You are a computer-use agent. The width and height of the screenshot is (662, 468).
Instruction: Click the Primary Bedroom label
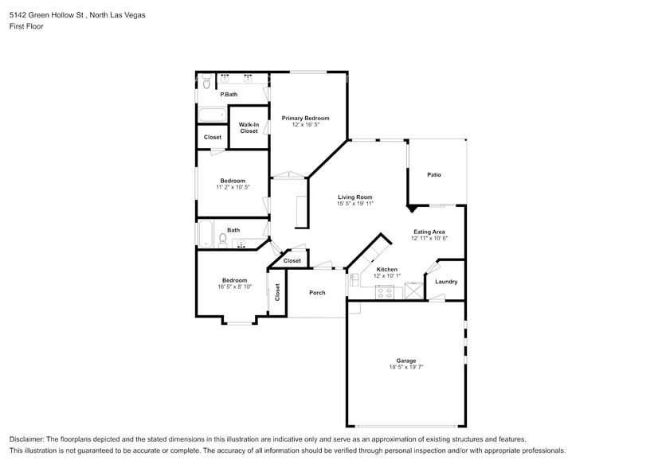(x=305, y=118)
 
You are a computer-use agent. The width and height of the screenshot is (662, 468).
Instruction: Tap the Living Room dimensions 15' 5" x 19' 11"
(x=355, y=204)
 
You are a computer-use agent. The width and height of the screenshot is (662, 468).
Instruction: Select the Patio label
(x=434, y=174)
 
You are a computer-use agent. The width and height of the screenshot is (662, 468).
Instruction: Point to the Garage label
(x=406, y=361)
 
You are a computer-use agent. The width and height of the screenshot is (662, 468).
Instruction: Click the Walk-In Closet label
(x=249, y=127)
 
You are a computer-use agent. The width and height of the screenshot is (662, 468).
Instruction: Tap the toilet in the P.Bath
(x=206, y=80)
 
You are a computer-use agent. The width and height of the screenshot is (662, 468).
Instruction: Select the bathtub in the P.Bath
(x=212, y=115)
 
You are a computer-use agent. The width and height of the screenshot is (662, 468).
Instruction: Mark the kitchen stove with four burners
(x=386, y=291)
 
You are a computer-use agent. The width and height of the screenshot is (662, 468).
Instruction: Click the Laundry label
(x=446, y=282)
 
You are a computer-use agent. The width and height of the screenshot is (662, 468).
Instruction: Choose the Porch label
(x=317, y=292)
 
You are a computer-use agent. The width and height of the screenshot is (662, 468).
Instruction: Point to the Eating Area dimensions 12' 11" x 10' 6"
(x=429, y=238)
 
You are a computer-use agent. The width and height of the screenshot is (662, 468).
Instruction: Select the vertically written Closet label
(x=278, y=292)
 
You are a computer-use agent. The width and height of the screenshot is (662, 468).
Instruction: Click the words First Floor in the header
(x=26, y=26)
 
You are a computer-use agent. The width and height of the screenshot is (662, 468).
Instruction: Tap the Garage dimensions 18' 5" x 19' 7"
(x=406, y=367)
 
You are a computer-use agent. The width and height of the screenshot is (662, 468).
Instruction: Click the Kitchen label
(x=386, y=269)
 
